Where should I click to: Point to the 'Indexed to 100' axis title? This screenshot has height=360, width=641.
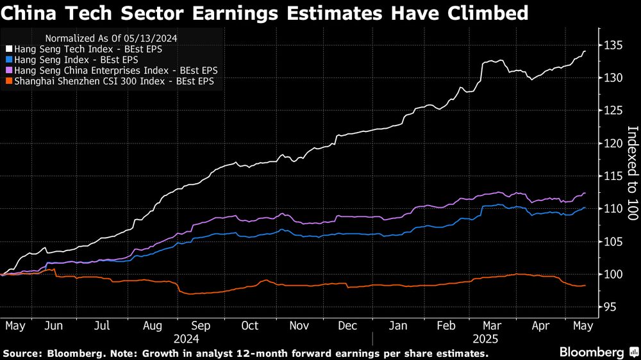tap(632, 174)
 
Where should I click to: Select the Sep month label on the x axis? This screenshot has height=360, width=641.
tap(201, 325)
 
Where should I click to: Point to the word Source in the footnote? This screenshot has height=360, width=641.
tap(21, 354)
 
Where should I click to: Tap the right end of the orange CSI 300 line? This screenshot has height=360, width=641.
tap(585, 286)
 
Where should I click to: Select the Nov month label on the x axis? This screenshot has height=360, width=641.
tap(299, 325)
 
